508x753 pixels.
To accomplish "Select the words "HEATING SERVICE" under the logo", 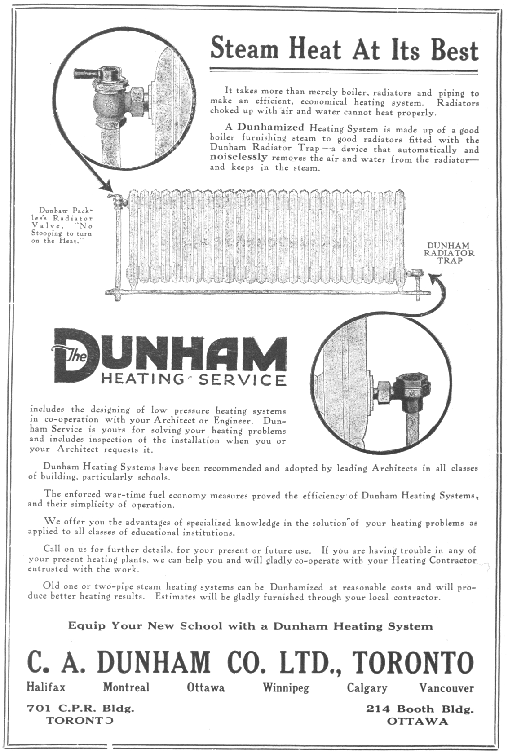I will coord(194,380).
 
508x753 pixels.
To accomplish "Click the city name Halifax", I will coord(46,687).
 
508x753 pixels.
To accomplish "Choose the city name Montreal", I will coord(126,687).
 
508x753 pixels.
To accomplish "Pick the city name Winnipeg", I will coord(286,687).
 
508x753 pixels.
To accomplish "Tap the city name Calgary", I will coord(367,687).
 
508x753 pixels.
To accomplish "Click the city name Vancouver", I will coord(446,687).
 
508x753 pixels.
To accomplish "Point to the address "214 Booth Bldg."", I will coord(420,709).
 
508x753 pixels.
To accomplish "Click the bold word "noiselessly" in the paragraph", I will coord(239,158).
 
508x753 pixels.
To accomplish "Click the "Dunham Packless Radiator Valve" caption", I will coord(62,225).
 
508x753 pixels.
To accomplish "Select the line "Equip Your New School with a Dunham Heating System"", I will coord(250,626).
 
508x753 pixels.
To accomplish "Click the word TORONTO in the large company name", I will coord(413,662).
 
